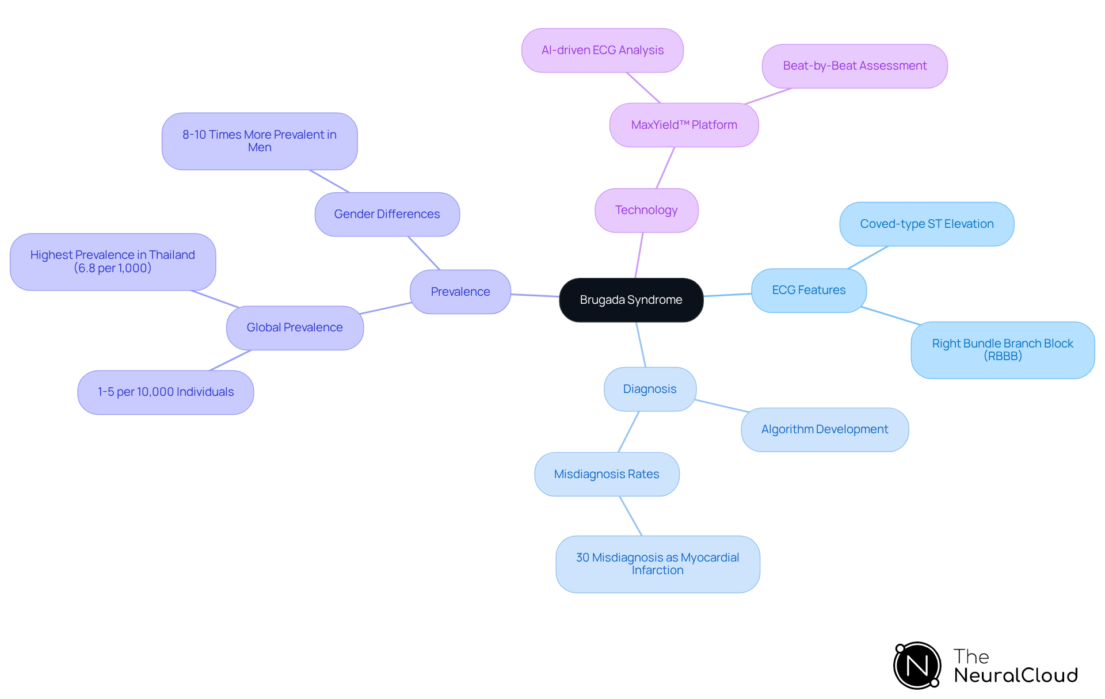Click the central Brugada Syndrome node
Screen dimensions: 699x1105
pyautogui.click(x=631, y=300)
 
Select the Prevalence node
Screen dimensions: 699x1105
pyautogui.click(x=460, y=292)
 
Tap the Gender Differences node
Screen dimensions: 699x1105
pyautogui.click(x=387, y=214)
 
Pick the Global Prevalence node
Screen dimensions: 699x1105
pyautogui.click(x=295, y=327)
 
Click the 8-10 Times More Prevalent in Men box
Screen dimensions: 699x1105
pyautogui.click(x=260, y=141)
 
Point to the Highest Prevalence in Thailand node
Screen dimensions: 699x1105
pyautogui.click(x=113, y=262)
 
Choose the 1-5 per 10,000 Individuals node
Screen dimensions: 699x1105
pyautogui.click(x=166, y=392)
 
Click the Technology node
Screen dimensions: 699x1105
pyautogui.click(x=646, y=210)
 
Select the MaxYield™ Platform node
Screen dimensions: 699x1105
pyautogui.click(x=684, y=125)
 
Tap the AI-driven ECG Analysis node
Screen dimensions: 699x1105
pyautogui.click(x=602, y=50)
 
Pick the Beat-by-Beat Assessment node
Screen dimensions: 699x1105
pyautogui.click(x=855, y=66)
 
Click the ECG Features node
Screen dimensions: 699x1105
pyautogui.click(x=809, y=290)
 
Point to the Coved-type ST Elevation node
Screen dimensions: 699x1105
pyautogui.click(x=927, y=224)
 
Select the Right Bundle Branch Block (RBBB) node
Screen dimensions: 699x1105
pyautogui.click(x=1003, y=350)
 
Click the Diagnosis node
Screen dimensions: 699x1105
pyautogui.click(x=650, y=389)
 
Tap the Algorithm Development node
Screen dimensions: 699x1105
pyautogui.click(x=825, y=429)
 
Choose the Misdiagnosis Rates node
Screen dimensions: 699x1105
pyautogui.click(x=607, y=474)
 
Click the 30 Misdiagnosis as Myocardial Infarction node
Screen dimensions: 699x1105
pyautogui.click(x=657, y=564)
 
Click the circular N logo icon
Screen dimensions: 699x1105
pyautogui.click(x=917, y=666)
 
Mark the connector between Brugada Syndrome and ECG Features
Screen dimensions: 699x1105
pyautogui.click(x=727, y=295)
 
